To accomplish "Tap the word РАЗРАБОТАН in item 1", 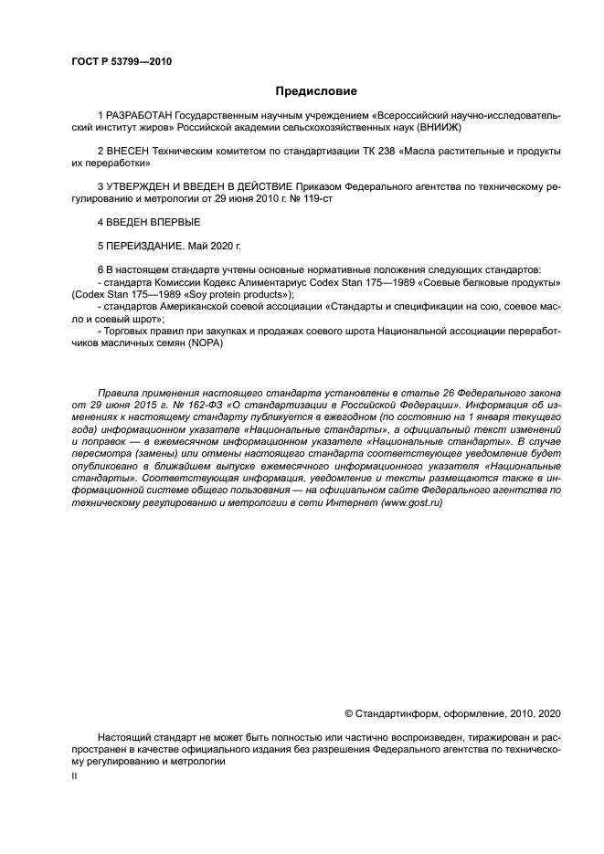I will (x=138, y=119).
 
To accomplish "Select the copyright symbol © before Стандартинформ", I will (x=348, y=712).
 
